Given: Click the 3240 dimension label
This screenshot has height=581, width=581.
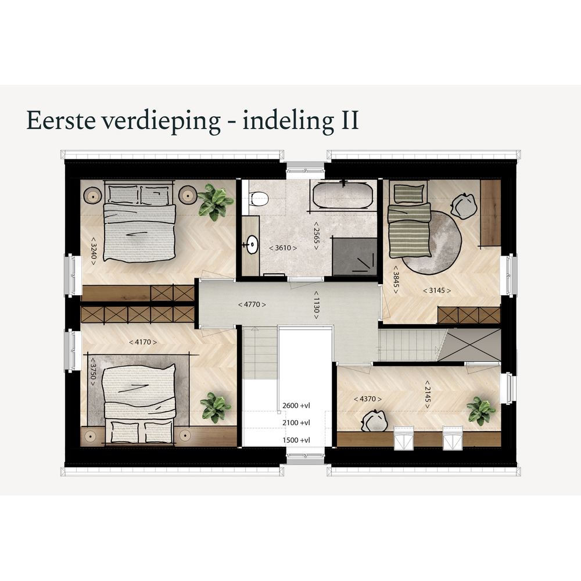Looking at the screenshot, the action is tap(94, 251).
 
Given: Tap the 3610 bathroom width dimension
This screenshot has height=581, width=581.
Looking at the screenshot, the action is tap(283, 248).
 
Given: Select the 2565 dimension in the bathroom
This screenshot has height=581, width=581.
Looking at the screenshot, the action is tap(316, 236).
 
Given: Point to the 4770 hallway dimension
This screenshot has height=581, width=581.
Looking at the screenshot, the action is tap(252, 304).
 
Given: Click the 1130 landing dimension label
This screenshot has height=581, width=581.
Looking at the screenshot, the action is tap(316, 304).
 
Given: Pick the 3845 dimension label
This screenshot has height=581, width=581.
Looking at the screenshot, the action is tap(396, 280).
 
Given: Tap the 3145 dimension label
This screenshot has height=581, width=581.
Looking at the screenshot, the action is tap(437, 290).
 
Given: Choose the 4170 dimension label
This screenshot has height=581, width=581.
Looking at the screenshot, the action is tap(143, 342).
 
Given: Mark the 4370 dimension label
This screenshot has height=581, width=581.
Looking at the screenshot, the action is tap(368, 399).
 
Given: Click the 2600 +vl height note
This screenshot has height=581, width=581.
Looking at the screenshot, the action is tap(296, 406).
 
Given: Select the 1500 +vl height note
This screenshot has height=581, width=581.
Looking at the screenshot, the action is tap(296, 440).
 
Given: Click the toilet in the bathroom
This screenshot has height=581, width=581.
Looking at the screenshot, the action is tap(259, 199).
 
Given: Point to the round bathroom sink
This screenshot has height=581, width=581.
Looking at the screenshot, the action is tap(253, 245).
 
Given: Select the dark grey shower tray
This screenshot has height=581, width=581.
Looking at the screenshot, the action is tap(354, 256).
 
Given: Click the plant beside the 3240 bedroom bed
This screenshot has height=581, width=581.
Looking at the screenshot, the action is tap(215, 202).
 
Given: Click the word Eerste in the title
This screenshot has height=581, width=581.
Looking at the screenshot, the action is tap(61, 120).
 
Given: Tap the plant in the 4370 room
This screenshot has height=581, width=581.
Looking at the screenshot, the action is tap(480, 411).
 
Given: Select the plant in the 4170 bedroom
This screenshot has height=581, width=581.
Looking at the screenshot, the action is tap(216, 407).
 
